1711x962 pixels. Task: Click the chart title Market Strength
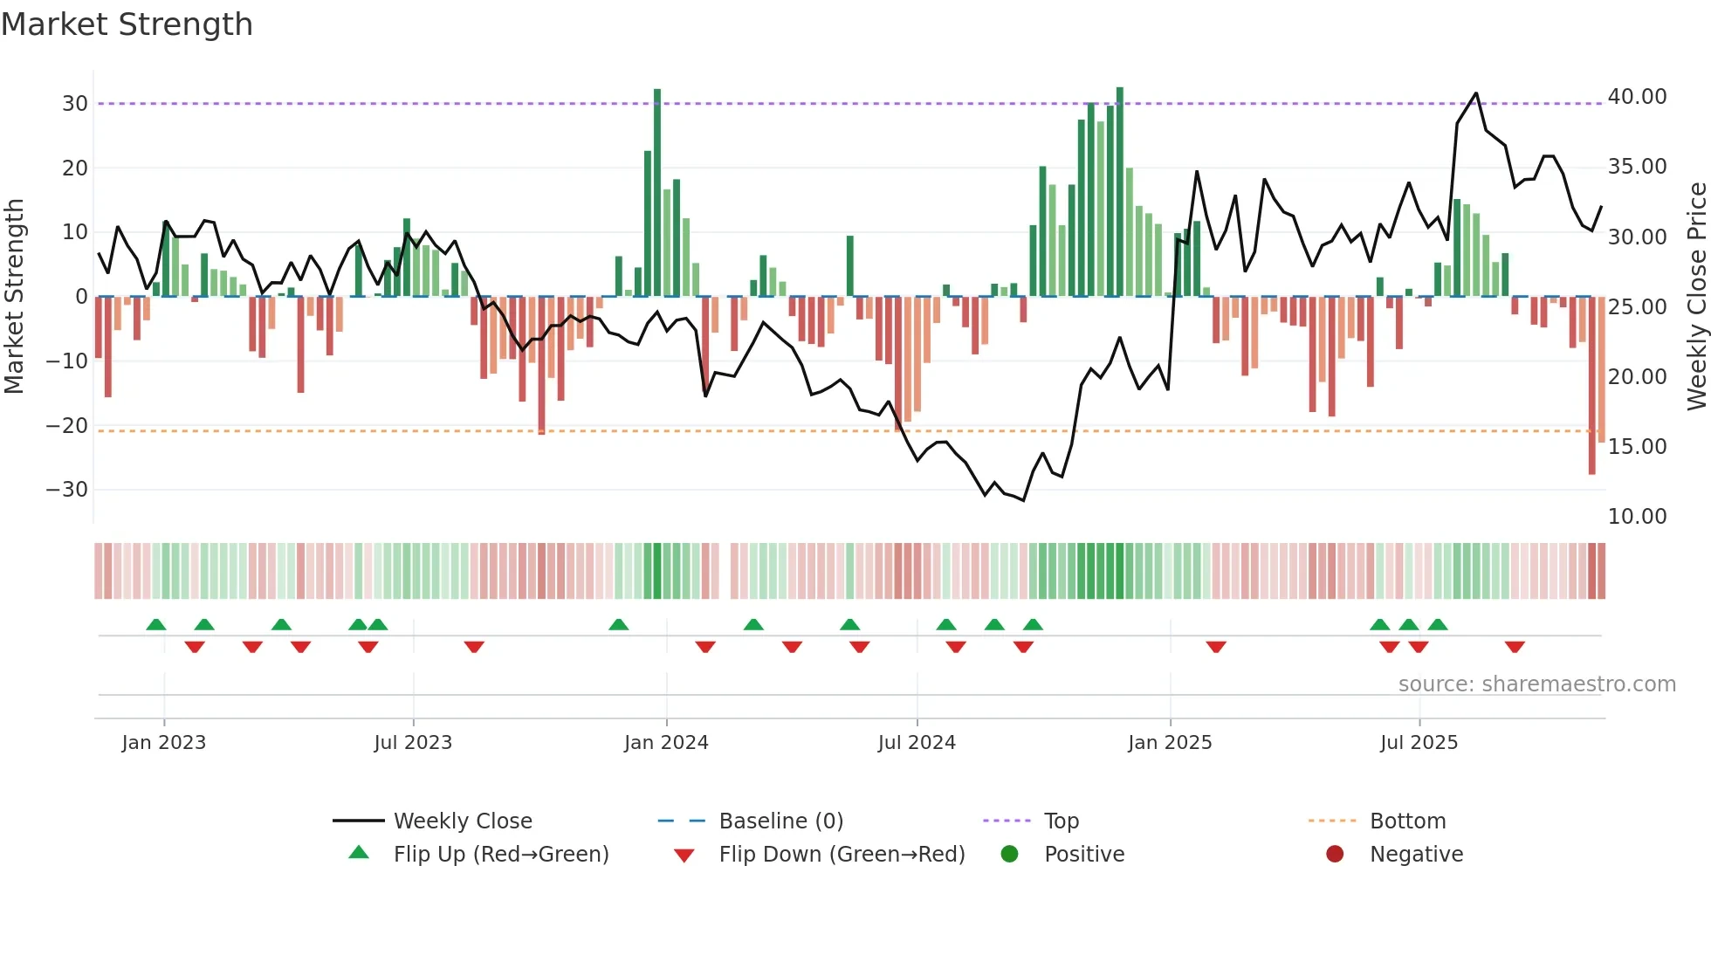(127, 24)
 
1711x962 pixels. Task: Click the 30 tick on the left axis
(75, 104)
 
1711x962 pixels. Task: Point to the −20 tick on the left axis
(66, 426)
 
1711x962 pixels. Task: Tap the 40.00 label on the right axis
(1637, 97)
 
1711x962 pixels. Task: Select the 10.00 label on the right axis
(1637, 517)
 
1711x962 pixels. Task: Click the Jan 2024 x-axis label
(666, 743)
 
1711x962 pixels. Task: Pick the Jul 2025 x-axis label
(1419, 743)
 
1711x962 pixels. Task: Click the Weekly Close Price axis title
(1696, 297)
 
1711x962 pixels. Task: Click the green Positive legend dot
(1009, 855)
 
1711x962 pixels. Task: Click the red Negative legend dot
(1335, 855)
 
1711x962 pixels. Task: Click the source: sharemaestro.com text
(1536, 684)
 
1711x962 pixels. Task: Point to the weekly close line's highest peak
(1476, 93)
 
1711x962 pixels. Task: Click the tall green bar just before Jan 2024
(657, 192)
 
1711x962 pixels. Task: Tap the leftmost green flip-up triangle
(156, 625)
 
